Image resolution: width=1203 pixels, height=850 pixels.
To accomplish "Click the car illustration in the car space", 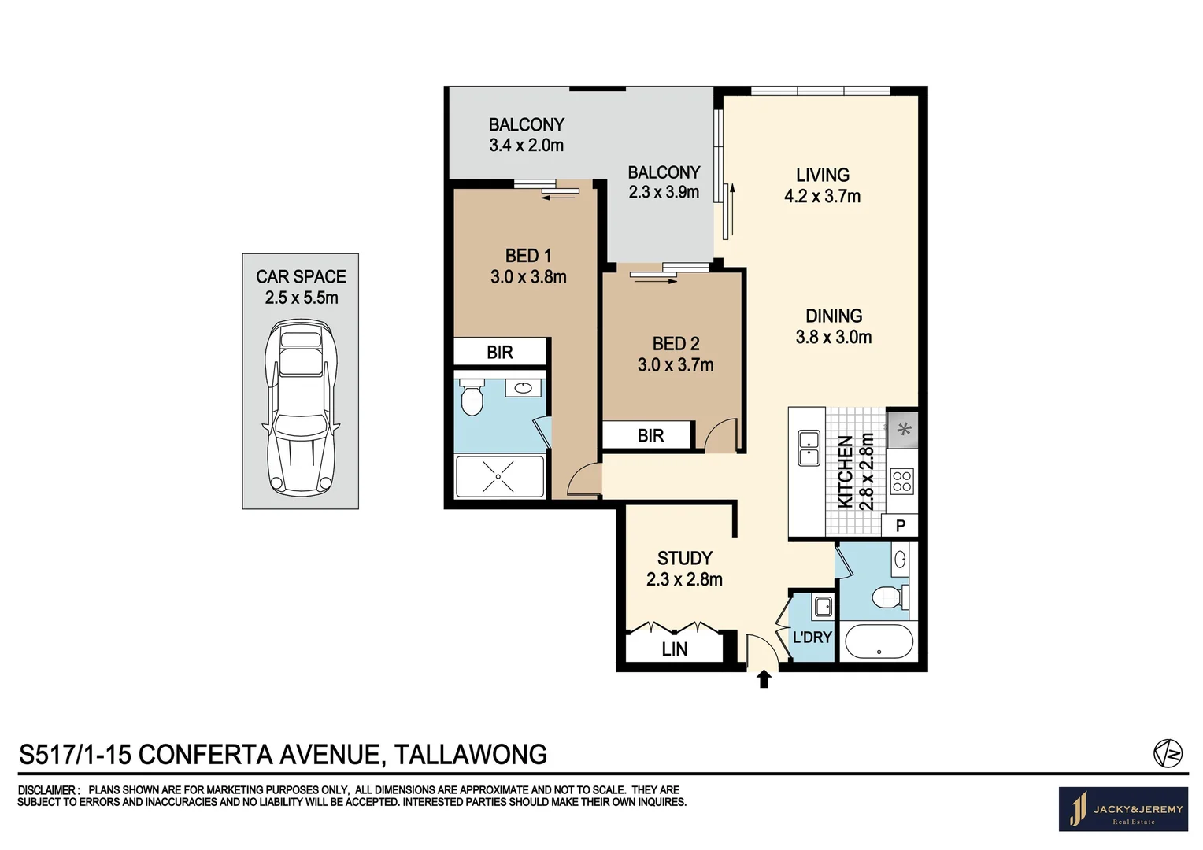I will pos(301,408).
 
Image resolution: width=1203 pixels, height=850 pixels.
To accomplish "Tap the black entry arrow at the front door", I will pos(763,679).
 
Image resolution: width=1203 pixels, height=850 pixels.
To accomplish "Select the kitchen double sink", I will pos(809,448).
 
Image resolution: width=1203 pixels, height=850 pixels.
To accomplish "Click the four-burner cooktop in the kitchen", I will pos(901,481).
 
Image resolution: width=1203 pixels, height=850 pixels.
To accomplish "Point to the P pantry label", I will pos(901,526).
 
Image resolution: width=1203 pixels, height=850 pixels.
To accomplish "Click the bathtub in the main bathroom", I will pos(879,641).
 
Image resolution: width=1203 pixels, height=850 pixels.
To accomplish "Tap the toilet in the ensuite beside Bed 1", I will pos(472,399).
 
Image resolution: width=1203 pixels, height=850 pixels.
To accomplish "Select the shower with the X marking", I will pos(499,476).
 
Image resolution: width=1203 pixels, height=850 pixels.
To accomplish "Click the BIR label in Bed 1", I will pos(500,353).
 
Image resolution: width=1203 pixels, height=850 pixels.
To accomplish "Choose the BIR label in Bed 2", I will pos(650,436).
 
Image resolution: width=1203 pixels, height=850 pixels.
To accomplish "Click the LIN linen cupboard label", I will pos(674,649).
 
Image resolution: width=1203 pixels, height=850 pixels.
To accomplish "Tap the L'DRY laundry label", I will pos(812,637).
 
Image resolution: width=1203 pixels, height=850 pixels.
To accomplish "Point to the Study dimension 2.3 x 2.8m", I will pos(684,579).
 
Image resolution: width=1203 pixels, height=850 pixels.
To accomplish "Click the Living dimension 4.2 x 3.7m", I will pos(822,197).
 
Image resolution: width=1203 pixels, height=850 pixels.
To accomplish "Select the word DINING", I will pos(834,316).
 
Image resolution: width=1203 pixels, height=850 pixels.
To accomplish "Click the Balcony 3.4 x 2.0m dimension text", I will pos(526,146).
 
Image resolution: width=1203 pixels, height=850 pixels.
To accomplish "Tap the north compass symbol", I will pos(1168,753).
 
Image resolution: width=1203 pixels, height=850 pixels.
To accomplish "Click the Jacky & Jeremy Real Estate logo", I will pos(1123,809).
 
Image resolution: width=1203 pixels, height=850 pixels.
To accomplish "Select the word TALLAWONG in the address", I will pos(470,755).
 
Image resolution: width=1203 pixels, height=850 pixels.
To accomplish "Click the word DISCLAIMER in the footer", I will pos(47,790).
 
